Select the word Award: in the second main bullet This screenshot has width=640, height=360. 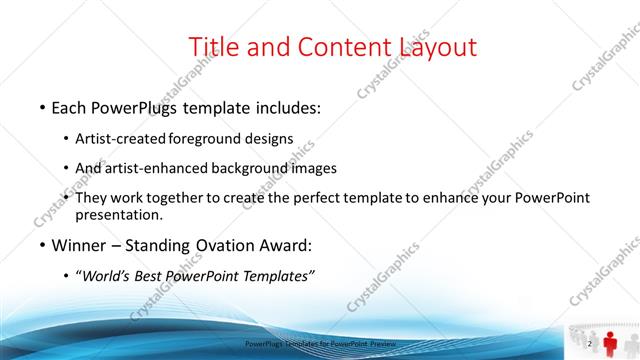click(x=287, y=245)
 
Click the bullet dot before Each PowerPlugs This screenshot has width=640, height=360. click(x=42, y=107)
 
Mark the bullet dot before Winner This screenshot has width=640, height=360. click(x=42, y=246)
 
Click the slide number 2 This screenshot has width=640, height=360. click(x=590, y=344)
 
